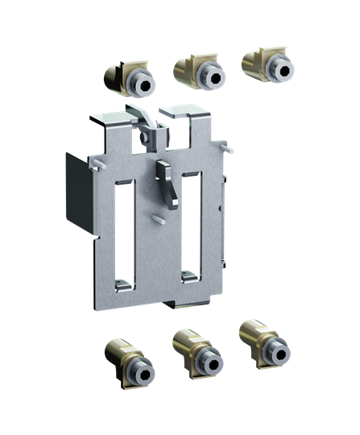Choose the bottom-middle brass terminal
click(x=197, y=352)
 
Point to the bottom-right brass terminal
click(x=264, y=342)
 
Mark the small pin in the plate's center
click(x=161, y=217)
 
